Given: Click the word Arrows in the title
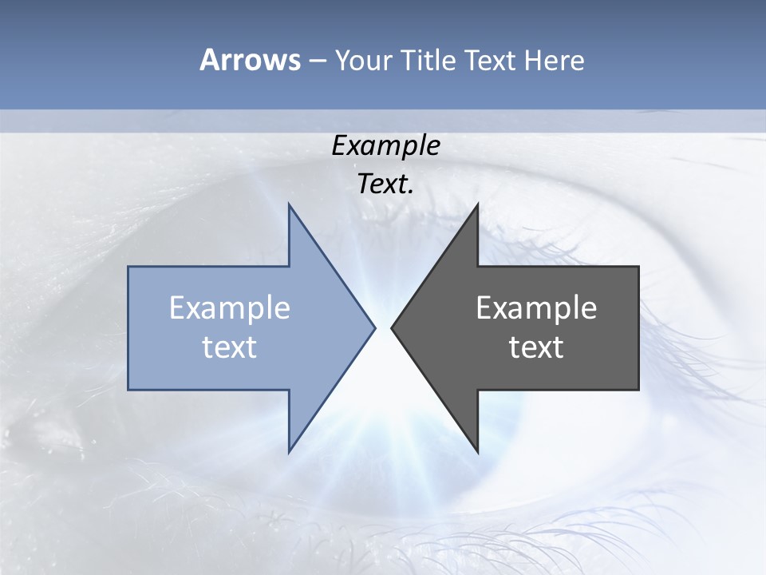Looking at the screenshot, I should click(x=250, y=60).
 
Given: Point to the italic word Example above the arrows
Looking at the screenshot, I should click(x=386, y=146).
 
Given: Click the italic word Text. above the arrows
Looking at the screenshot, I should click(x=386, y=184).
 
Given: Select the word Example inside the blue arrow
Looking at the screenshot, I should click(x=230, y=308).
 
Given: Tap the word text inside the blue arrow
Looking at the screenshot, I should click(x=230, y=347).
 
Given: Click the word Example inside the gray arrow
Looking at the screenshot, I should click(x=536, y=308).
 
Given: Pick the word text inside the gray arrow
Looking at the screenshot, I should click(x=536, y=347).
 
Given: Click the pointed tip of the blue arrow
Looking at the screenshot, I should click(x=375, y=327).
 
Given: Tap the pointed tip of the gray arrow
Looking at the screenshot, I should click(x=391, y=327).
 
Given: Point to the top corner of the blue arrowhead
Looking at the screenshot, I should click(x=289, y=204).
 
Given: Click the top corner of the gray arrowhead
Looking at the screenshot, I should click(x=477, y=204).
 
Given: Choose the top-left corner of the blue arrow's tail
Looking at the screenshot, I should click(x=128, y=267).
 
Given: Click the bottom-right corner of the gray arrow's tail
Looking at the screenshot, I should click(x=638, y=390).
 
